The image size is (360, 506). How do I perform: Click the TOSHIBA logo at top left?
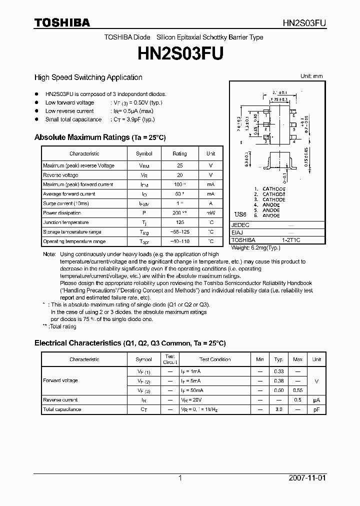[62, 22]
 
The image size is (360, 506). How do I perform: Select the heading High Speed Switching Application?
[88, 77]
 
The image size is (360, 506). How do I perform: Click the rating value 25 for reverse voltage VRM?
[180, 165]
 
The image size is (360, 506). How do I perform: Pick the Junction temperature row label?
[66, 222]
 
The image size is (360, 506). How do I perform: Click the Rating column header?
[179, 154]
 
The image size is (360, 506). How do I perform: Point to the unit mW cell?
[210, 213]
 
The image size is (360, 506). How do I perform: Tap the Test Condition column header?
[215, 359]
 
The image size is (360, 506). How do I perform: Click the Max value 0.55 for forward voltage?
[297, 390]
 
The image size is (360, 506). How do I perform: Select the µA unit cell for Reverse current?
[316, 400]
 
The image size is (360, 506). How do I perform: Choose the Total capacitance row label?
[62, 409]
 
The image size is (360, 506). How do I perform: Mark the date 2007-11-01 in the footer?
[307, 478]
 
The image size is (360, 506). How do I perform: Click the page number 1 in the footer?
[180, 478]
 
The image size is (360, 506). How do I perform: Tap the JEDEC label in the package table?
[240, 225]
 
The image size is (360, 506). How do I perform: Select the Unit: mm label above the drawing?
[311, 76]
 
